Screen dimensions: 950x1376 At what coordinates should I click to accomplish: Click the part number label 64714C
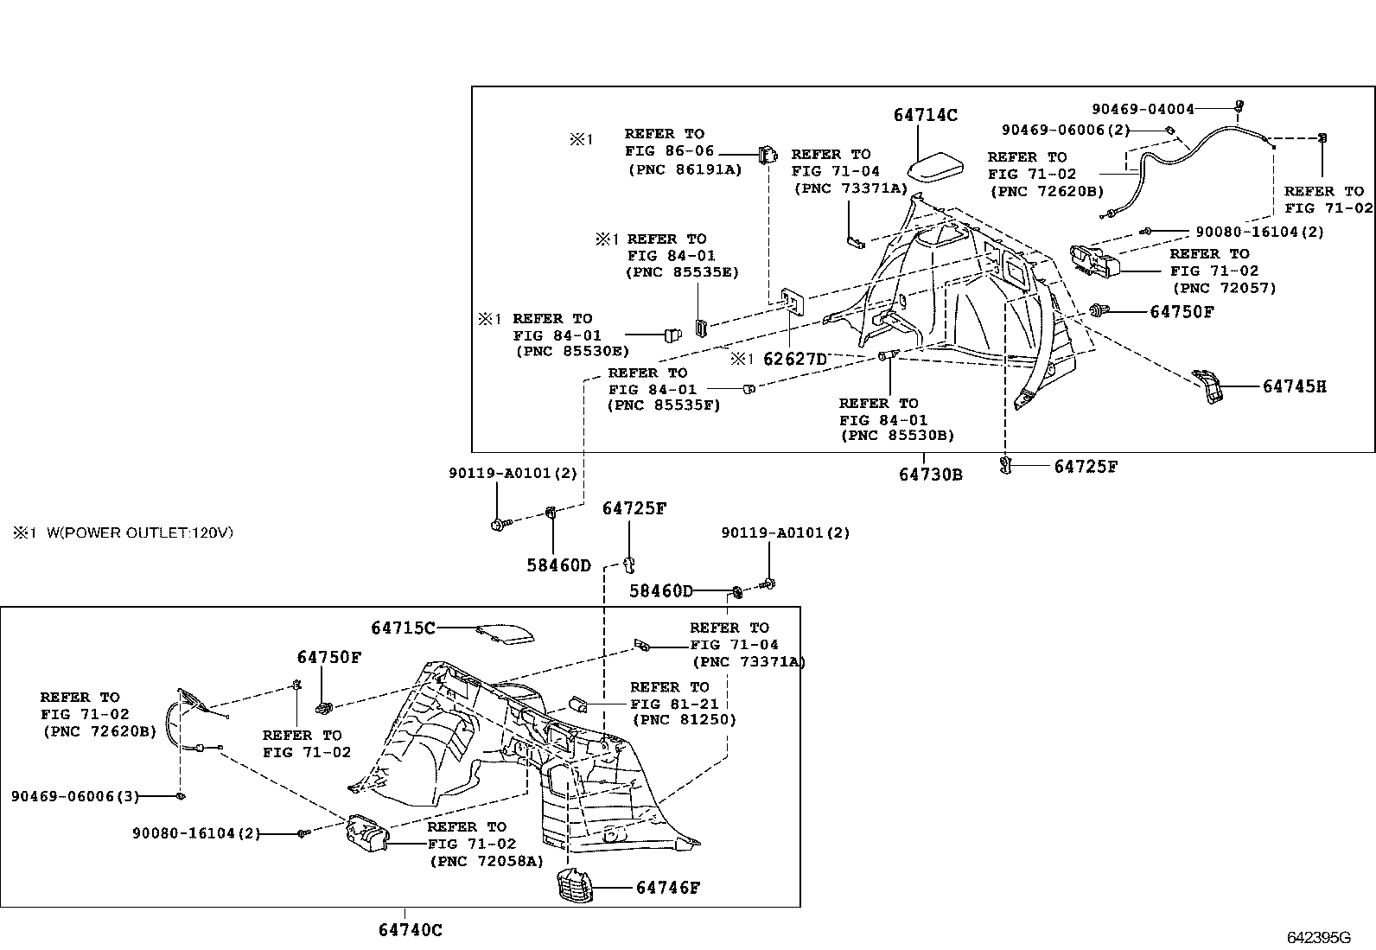(x=925, y=115)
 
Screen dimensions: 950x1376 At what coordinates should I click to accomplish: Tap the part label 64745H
(x=1294, y=386)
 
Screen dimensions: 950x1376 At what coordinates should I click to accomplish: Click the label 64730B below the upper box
(x=930, y=474)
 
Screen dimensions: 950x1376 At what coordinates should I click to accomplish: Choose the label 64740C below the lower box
(x=410, y=930)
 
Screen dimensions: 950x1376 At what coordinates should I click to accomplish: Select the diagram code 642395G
(x=1318, y=937)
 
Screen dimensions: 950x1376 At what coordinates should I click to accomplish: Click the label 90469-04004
(x=1143, y=109)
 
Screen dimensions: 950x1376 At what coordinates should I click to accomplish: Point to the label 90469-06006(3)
(x=75, y=795)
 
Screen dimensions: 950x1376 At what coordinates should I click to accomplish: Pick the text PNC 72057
(x=1224, y=288)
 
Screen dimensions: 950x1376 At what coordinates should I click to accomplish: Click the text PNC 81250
(x=685, y=719)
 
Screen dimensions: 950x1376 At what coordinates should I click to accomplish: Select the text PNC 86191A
(x=685, y=169)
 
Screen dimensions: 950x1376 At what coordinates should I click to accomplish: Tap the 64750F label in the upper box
(x=1182, y=311)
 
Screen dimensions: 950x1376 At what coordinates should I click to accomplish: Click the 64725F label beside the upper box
(x=1086, y=467)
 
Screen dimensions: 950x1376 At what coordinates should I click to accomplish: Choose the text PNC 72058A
(x=487, y=861)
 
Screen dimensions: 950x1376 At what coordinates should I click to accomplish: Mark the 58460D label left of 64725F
(x=558, y=565)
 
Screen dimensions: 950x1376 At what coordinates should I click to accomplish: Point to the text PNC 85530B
(x=897, y=437)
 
